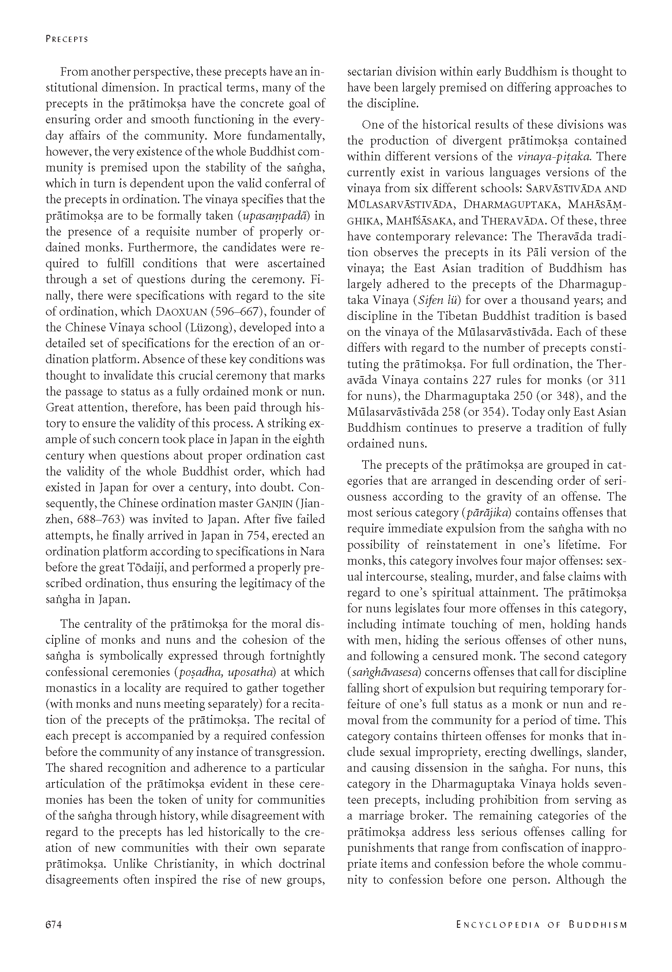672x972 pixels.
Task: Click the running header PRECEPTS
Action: pos(67,39)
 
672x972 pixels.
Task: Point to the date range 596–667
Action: pos(238,311)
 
